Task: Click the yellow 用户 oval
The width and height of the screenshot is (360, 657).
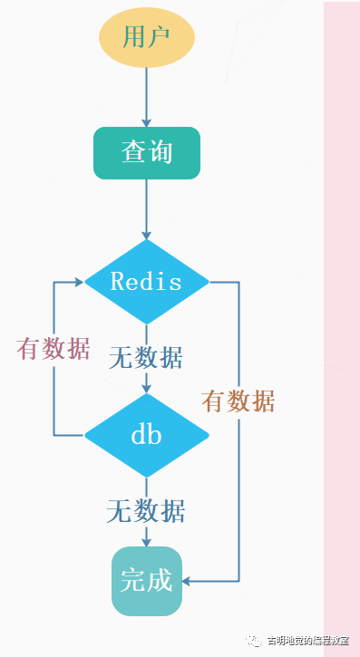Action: coord(147,38)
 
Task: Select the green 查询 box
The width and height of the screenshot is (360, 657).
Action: coord(147,153)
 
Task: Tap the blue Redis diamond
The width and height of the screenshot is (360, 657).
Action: coord(147,282)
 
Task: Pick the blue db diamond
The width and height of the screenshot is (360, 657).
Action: coord(147,435)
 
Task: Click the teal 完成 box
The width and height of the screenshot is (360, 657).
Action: coord(147,581)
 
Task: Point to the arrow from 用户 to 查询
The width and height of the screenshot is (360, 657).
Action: coord(146,97)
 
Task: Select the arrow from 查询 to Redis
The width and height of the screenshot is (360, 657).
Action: coord(146,209)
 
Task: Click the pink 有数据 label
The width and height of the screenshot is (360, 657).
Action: coord(54,349)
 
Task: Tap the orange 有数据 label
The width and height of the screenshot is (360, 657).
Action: coord(238,401)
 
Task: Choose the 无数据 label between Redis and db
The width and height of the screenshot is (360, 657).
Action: coord(146,358)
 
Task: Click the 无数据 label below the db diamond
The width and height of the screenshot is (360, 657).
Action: coord(146,511)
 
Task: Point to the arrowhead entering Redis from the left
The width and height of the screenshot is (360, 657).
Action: coord(80,282)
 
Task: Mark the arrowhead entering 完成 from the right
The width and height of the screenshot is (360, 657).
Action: coord(187,581)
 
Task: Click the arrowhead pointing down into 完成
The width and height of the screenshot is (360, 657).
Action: coord(146,542)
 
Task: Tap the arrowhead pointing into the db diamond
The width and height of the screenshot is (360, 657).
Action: coord(146,389)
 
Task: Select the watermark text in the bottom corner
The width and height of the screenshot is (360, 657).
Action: coord(308,641)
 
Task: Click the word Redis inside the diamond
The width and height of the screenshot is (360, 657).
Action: coord(146,281)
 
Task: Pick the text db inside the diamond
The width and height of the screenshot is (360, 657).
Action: coord(146,435)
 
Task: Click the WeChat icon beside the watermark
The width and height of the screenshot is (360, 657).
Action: coord(254,641)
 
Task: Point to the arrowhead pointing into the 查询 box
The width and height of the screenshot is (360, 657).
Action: coord(146,122)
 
